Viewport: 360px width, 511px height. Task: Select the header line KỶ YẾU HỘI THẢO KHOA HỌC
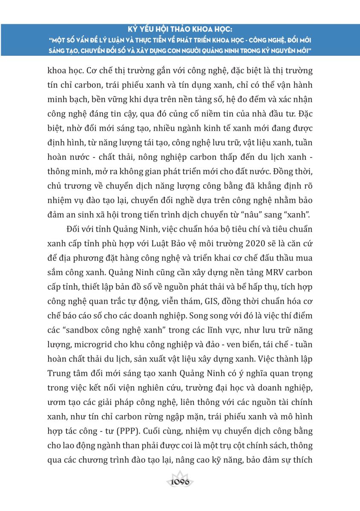(180, 31)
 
